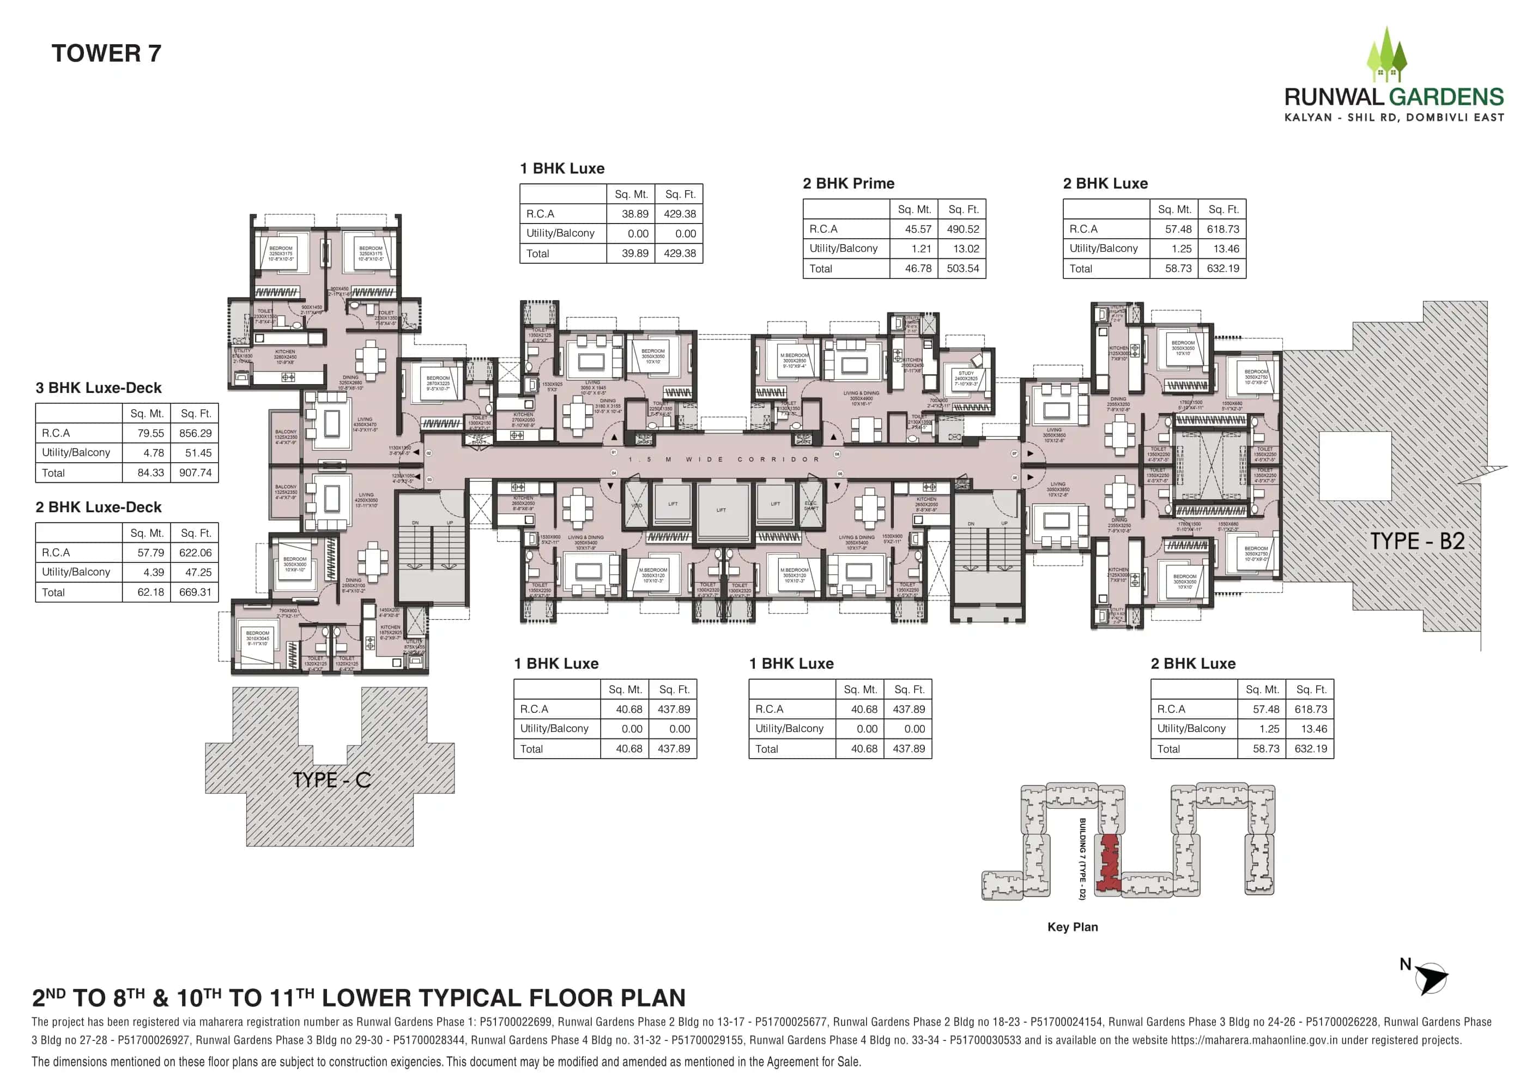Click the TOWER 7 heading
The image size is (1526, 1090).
click(106, 54)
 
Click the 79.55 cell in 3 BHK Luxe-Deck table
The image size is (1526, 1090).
click(150, 433)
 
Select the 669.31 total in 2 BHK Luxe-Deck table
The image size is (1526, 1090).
click(195, 592)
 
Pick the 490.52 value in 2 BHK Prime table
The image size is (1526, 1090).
click(962, 229)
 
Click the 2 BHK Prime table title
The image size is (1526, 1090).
click(847, 184)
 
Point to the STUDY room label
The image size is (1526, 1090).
click(966, 373)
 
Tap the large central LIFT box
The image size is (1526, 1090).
click(722, 510)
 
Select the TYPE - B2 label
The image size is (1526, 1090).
click(1416, 541)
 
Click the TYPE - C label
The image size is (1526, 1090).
click(331, 780)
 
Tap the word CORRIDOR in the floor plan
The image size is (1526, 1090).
click(778, 460)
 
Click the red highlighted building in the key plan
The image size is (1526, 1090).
click(1107, 864)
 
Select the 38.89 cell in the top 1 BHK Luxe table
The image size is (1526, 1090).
click(634, 214)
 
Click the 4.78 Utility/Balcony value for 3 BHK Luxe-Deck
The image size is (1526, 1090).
click(153, 453)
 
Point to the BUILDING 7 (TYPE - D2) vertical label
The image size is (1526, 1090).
click(1082, 858)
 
